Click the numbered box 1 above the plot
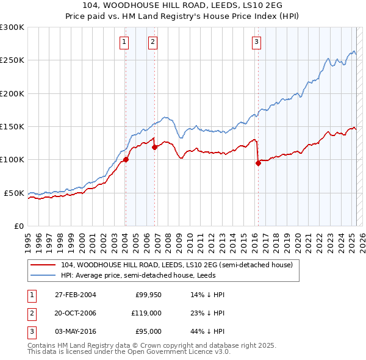pyautogui.click(x=124, y=42)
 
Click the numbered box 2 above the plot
pyautogui.click(x=152, y=42)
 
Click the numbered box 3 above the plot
pyautogui.click(x=256, y=42)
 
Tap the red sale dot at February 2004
pyautogui.click(x=126, y=160)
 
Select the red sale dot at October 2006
pyautogui.click(x=155, y=147)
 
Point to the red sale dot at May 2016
pyautogui.click(x=258, y=163)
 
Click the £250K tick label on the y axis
pyautogui.click(x=12, y=60)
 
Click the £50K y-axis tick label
pyautogui.click(x=14, y=193)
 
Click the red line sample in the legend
pyautogui.click(x=43, y=265)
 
